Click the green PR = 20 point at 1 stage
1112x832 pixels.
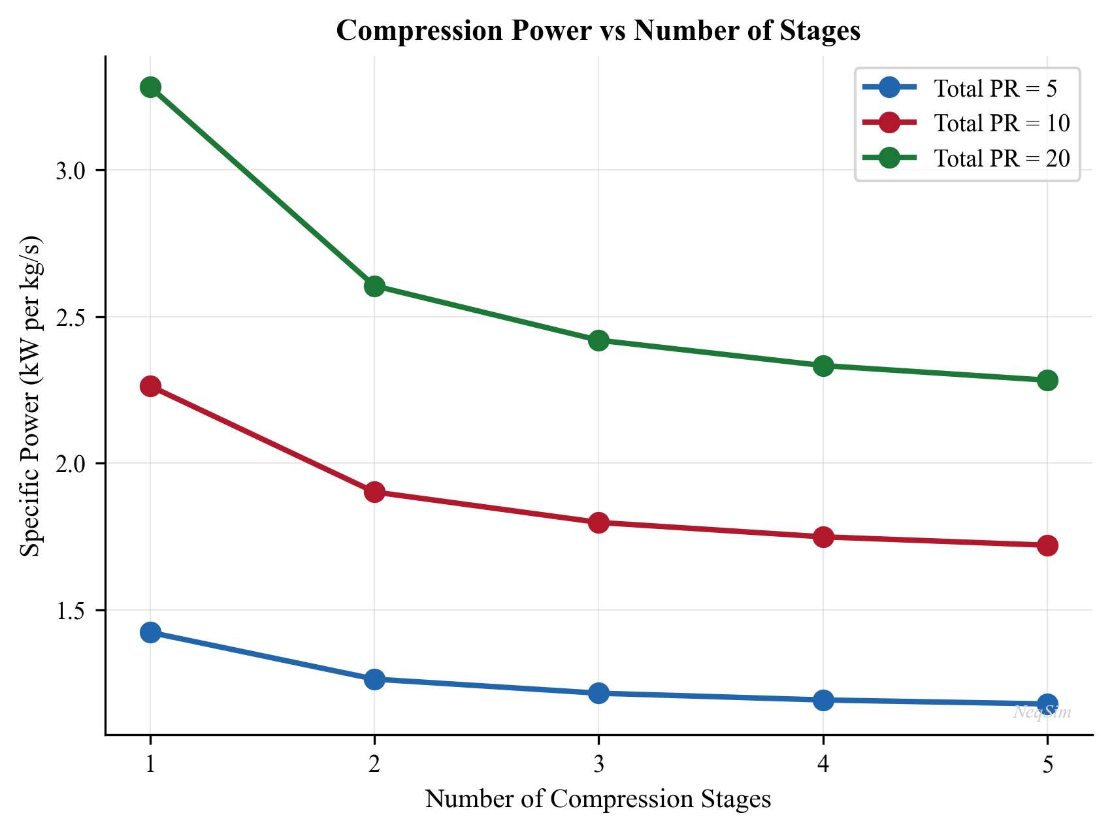[x=150, y=88]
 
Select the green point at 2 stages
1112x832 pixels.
[x=374, y=286]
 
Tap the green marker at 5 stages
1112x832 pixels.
[x=1047, y=380]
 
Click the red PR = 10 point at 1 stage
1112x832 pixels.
[x=150, y=387]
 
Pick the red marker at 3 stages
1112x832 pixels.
[x=598, y=522]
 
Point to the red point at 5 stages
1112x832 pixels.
[x=1047, y=545]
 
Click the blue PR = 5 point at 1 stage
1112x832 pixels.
[x=150, y=632]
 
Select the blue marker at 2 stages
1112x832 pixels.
[x=374, y=679]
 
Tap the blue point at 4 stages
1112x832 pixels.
[x=823, y=700]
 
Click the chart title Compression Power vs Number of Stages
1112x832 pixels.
[x=598, y=31]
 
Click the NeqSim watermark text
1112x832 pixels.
[x=1042, y=712]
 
